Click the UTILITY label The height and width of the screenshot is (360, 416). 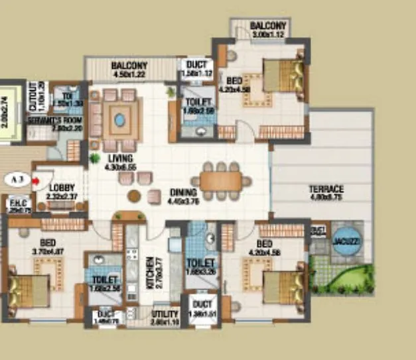point(165,314)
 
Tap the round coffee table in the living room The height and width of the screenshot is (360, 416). point(135,196)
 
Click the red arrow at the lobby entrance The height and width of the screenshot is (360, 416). point(36,178)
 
